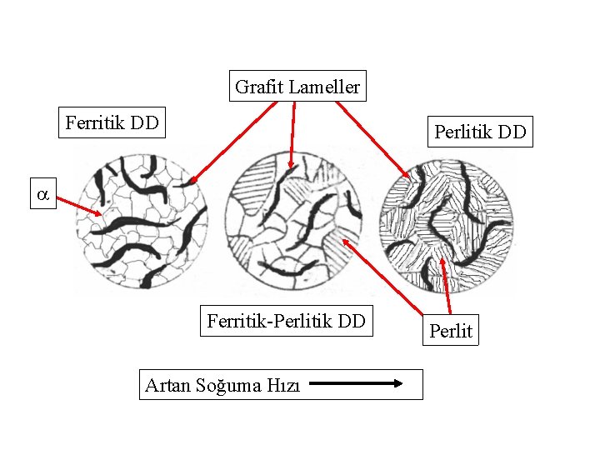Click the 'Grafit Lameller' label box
tap(297, 86)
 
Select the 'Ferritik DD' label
tap(112, 122)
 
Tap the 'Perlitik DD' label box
tap(480, 132)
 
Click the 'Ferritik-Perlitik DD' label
tap(286, 321)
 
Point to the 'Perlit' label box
tap(450, 331)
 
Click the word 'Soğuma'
tap(228, 385)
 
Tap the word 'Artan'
tap(167, 385)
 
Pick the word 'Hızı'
tap(283, 385)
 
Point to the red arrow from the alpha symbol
tap(80, 206)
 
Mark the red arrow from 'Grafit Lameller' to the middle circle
tap(292, 133)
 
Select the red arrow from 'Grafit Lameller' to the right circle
tap(372, 138)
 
